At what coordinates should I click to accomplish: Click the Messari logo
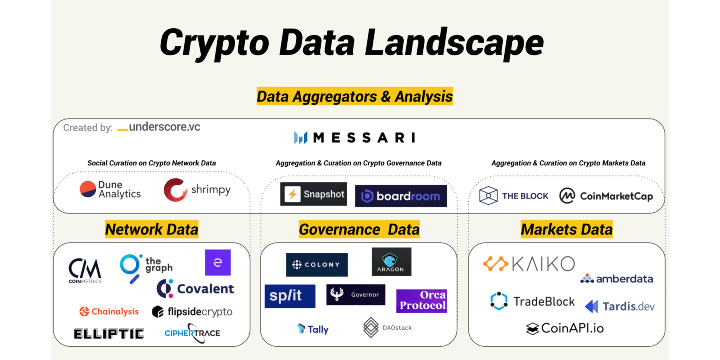pos(354,138)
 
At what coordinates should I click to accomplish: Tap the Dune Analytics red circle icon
pos(88,189)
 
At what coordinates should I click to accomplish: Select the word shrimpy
pos(211,190)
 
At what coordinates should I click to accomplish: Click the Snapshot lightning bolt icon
pos(292,194)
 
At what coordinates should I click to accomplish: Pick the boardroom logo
pos(401,196)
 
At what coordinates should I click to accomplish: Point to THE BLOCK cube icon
pos(488,196)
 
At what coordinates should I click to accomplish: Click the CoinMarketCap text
pos(617,196)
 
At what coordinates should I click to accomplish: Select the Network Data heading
pos(151,229)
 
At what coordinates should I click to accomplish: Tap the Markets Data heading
pos(567,229)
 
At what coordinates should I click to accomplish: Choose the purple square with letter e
pos(218,263)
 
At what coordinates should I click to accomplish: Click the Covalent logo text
pos(205,289)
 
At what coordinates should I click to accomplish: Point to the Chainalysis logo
pos(109,311)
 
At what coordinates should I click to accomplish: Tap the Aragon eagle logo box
pos(391,262)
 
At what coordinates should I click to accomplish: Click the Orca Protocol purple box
pos(421,301)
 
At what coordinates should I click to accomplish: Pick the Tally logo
pos(313,329)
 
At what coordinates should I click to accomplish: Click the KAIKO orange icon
pos(496,264)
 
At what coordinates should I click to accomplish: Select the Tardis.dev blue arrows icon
pos(591,306)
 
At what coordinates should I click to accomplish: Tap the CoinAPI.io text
pos(572,328)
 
